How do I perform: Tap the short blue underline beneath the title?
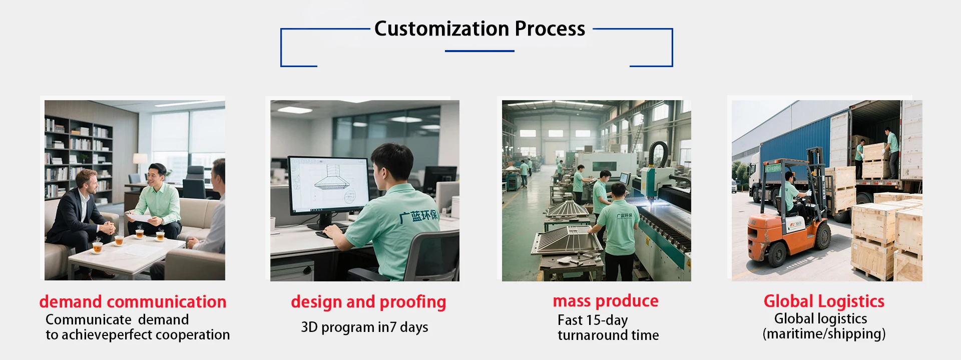tap(479, 51)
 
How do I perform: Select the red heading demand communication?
tap(133, 301)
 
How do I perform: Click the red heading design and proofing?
tap(368, 302)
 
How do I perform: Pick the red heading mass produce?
tap(606, 301)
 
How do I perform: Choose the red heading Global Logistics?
tap(824, 301)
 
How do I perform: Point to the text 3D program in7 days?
tap(364, 327)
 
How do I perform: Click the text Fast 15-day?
tap(593, 320)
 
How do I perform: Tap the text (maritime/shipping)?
tap(824, 334)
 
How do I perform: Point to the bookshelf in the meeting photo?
tap(78, 157)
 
